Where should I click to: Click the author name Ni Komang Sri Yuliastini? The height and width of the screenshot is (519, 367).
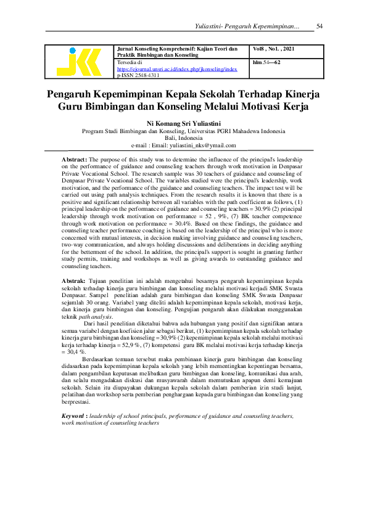(x=183, y=123)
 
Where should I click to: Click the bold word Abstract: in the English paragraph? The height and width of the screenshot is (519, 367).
(x=75, y=160)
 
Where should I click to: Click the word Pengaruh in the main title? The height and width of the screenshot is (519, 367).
(x=72, y=94)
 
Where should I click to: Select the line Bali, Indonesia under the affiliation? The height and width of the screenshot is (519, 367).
(x=183, y=138)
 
